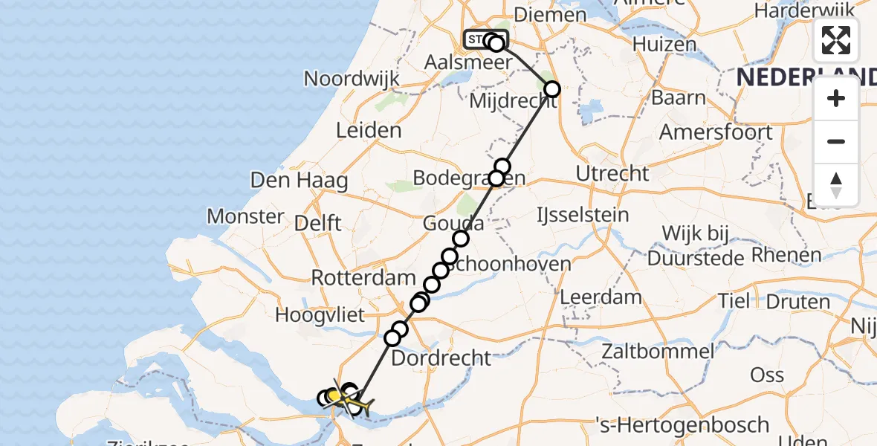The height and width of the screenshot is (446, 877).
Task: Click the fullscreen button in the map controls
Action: [x=836, y=40]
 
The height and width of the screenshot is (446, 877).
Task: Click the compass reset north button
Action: [x=836, y=185]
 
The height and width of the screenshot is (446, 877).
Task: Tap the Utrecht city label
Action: [x=612, y=174]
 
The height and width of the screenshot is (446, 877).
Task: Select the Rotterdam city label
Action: [x=363, y=279]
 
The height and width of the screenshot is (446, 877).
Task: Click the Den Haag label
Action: [x=284, y=180]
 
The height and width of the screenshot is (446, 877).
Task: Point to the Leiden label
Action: [x=369, y=131]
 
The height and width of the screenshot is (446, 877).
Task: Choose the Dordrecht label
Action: [x=441, y=358]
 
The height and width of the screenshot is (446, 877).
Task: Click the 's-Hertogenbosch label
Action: [x=683, y=425]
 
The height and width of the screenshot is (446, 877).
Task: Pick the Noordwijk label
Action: [x=352, y=79]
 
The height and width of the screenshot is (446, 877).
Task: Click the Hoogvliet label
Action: [x=320, y=315]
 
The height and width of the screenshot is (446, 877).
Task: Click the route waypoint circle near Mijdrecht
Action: [x=552, y=90]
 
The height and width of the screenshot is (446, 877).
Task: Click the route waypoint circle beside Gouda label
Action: [x=461, y=238]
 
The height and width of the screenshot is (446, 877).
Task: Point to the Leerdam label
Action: [x=601, y=297]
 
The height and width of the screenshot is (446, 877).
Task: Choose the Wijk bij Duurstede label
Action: [x=696, y=246]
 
